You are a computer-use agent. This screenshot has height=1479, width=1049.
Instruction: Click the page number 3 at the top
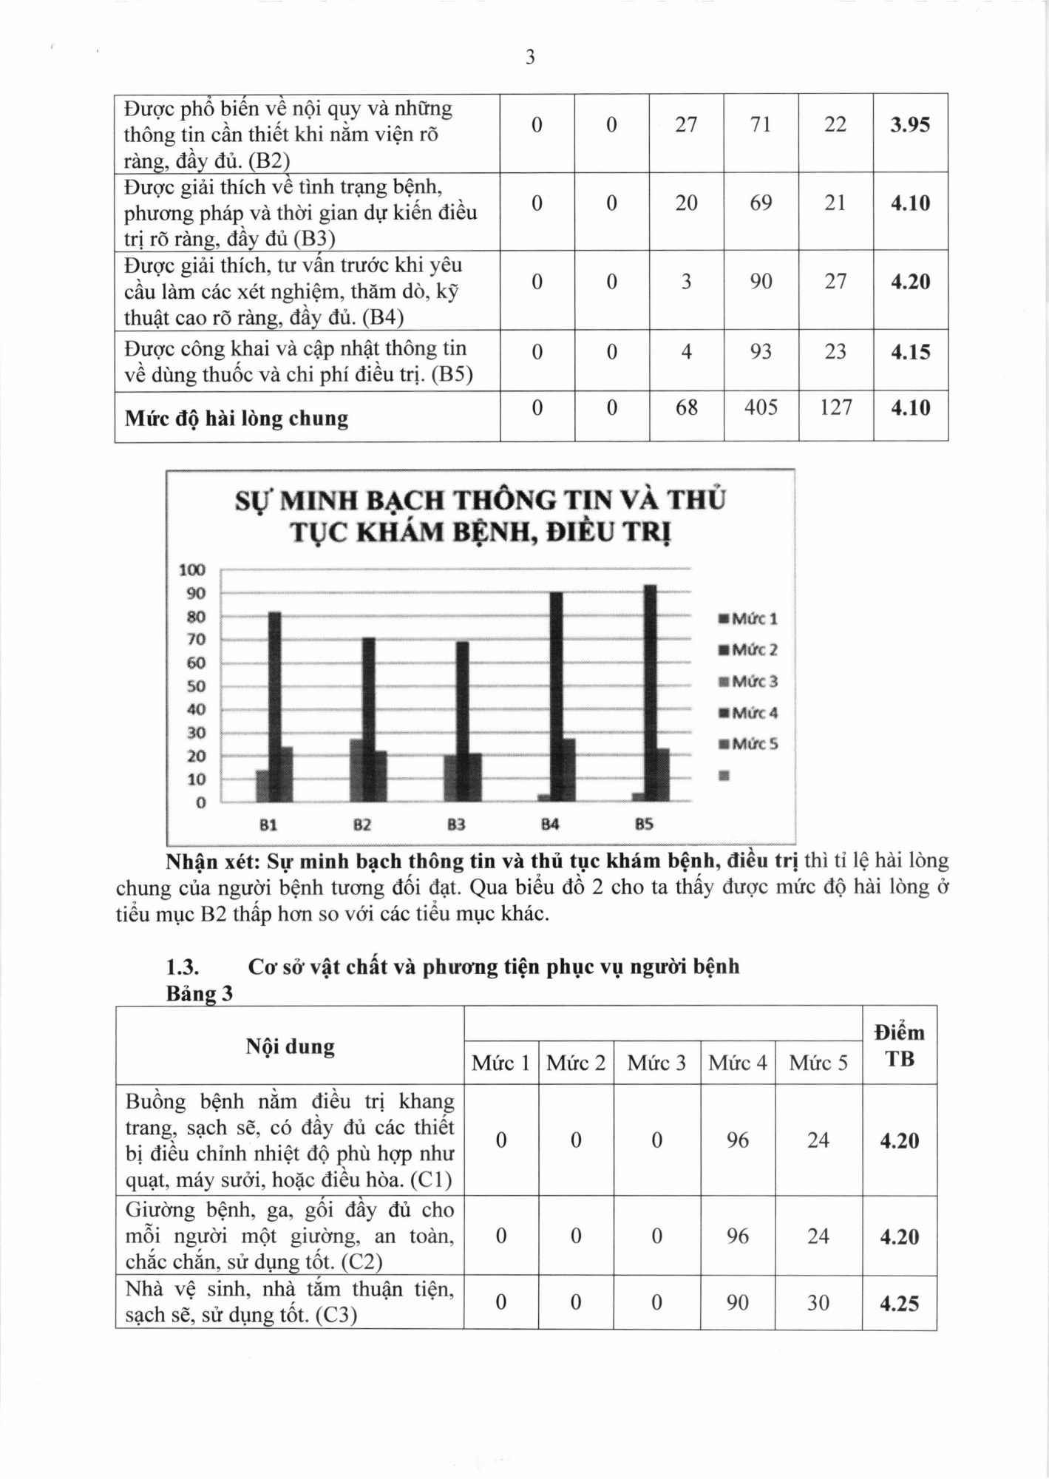tap(530, 58)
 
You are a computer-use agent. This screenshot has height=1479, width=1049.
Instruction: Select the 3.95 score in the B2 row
tap(910, 125)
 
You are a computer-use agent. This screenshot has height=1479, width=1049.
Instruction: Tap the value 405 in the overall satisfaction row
tap(761, 407)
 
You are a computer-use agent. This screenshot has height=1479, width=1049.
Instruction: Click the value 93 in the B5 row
tap(761, 352)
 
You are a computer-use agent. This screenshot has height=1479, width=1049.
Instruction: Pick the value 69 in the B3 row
tap(761, 203)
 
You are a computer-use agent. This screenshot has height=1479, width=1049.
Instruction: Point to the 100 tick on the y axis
tap(191, 570)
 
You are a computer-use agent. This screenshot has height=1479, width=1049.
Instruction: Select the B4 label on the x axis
tap(550, 825)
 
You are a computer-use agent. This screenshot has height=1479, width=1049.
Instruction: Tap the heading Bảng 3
tap(199, 994)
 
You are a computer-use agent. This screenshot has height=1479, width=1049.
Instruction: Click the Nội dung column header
tap(290, 1046)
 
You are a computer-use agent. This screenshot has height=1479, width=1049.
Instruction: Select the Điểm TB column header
tap(899, 1046)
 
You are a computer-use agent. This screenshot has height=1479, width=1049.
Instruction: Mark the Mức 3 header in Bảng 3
tap(656, 1063)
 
